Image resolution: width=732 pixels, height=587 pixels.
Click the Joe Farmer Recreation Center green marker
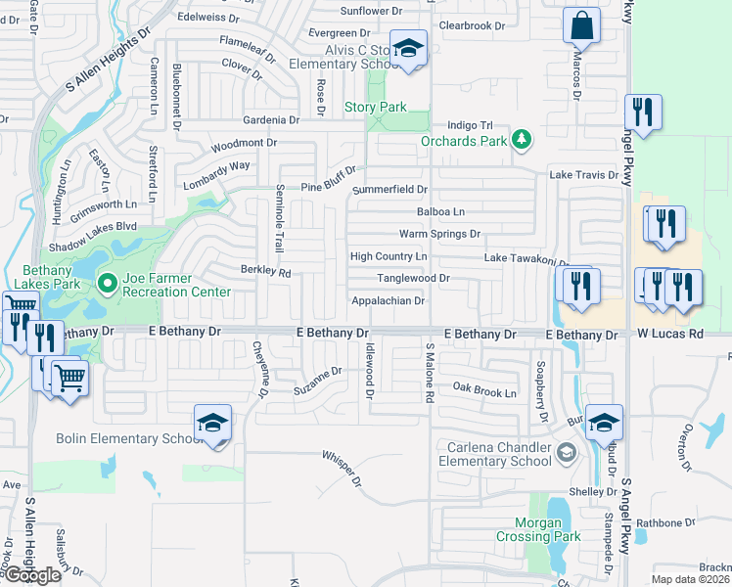coord(108,285)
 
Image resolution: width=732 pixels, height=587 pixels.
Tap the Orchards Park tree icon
coord(522,140)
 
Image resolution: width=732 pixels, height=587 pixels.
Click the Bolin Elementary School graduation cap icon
coord(212,424)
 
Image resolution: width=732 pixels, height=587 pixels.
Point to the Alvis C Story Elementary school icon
coord(408,48)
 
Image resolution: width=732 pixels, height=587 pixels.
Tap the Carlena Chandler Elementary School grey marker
coord(566,452)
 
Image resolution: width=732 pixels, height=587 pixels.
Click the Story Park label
coord(375,107)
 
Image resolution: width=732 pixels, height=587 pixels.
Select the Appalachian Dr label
coord(388,301)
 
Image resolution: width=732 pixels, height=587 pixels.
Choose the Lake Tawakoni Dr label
coord(526,259)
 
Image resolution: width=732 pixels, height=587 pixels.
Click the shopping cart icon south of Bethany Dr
coord(69,378)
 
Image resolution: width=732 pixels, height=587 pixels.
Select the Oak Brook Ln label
coord(482,391)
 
